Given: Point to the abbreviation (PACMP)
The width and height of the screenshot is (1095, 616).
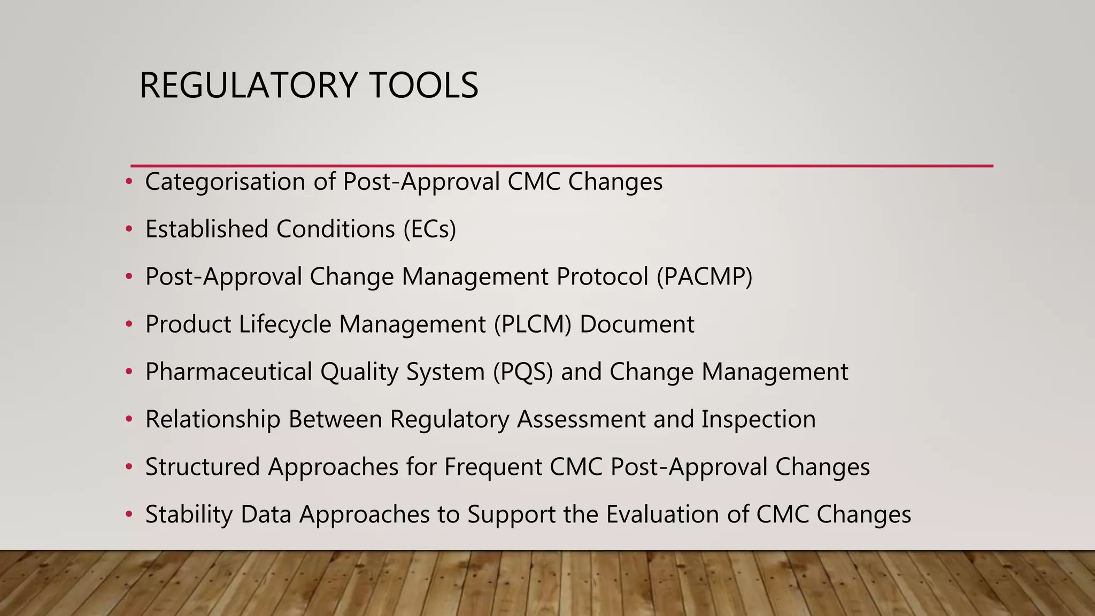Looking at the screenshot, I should pyautogui.click(x=704, y=277).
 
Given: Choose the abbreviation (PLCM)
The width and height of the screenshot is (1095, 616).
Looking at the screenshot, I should pyautogui.click(x=533, y=325).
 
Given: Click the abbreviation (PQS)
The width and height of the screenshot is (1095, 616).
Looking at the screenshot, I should pyautogui.click(x=523, y=372).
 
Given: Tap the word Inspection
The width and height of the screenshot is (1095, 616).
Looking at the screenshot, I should pyautogui.click(x=758, y=419).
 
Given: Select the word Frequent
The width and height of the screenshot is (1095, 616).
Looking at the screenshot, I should pyautogui.click(x=493, y=467).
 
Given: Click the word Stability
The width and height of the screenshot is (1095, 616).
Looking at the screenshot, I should pyautogui.click(x=189, y=514).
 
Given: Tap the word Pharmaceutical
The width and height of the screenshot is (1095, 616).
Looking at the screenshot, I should pyautogui.click(x=228, y=372).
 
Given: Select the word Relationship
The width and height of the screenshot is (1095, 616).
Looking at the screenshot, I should pyautogui.click(x=213, y=419).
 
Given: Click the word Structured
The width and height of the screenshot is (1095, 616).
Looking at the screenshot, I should pyautogui.click(x=202, y=467).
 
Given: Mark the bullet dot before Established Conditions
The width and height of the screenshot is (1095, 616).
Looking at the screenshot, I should pyautogui.click(x=128, y=229).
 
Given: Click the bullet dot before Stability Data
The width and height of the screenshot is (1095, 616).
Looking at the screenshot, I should pyautogui.click(x=128, y=514).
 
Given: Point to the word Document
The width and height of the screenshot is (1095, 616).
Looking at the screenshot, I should pyautogui.click(x=637, y=325).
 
